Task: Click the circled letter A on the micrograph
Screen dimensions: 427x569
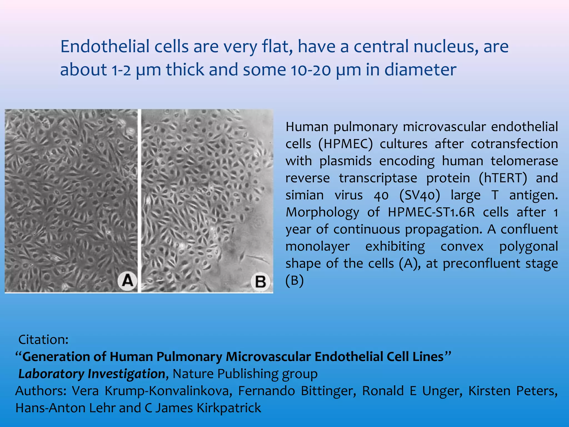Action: [x=128, y=281]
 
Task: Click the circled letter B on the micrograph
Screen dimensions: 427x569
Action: [x=260, y=282]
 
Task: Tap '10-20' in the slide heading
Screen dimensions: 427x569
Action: [x=311, y=69]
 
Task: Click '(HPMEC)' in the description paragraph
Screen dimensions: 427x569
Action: [x=345, y=144]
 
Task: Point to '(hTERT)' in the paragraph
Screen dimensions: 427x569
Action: [x=503, y=178]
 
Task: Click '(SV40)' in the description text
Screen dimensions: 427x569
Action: [x=420, y=195]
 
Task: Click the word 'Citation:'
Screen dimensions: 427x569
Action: [x=43, y=340]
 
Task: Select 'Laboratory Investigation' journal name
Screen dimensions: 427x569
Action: [x=92, y=374]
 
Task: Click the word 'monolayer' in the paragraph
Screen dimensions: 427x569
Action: [x=318, y=247]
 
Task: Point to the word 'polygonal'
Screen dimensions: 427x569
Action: [x=528, y=247]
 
